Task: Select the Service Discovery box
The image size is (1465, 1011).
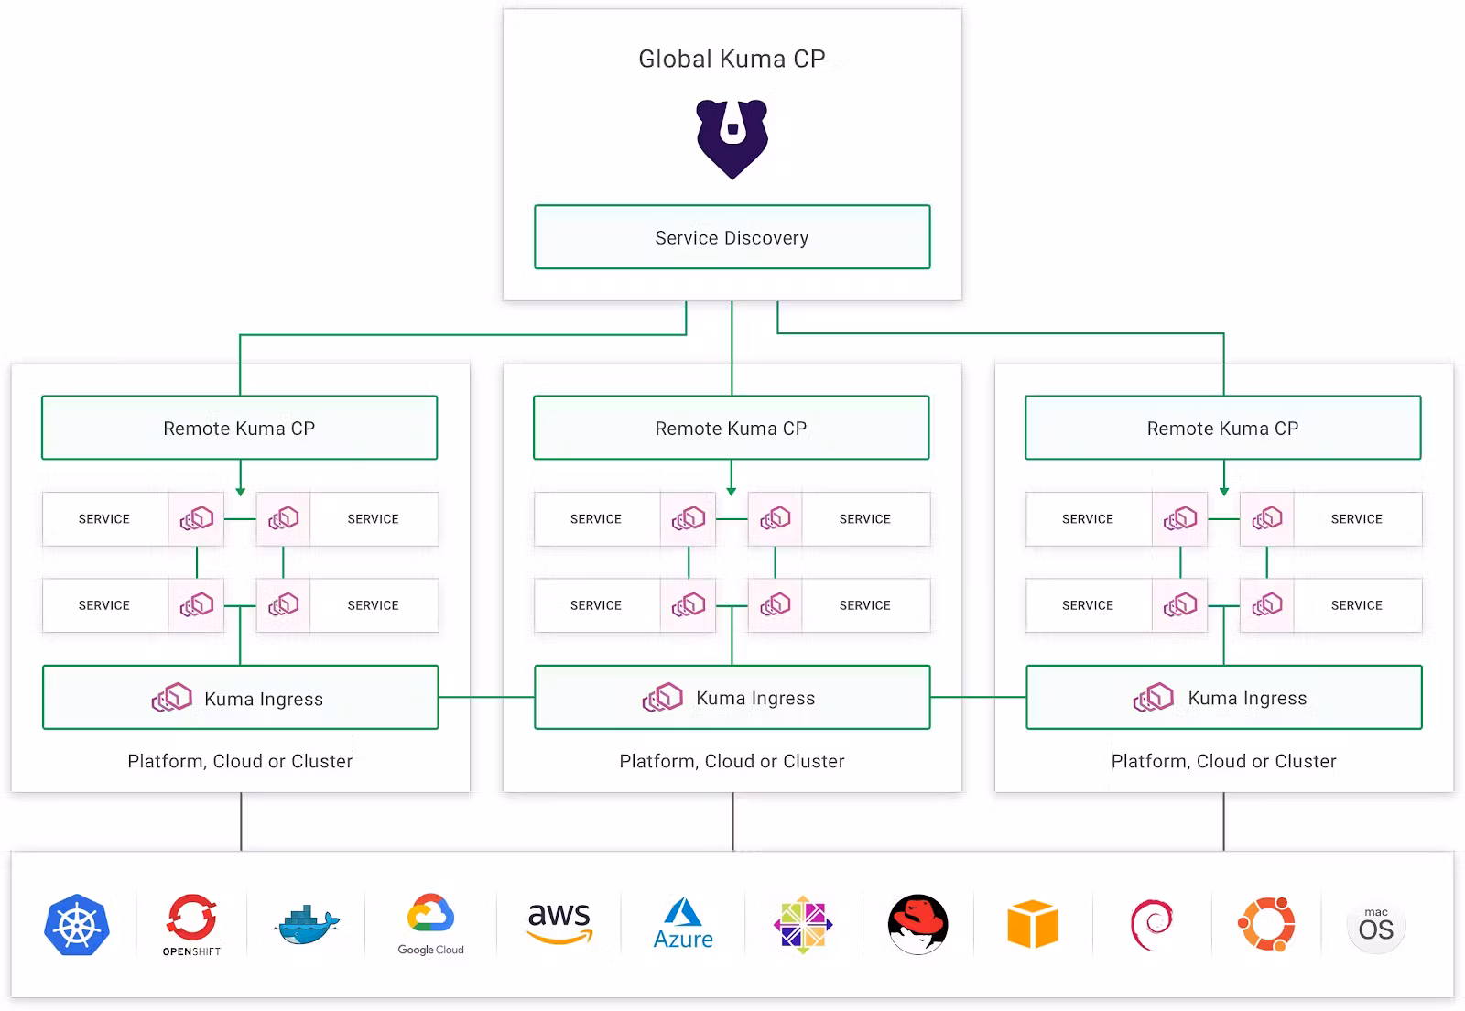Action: point(732,237)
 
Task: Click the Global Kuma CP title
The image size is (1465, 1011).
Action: point(732,60)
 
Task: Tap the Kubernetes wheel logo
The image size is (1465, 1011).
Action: point(77,925)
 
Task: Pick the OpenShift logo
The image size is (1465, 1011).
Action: point(191,923)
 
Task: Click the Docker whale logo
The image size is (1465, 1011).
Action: point(307,925)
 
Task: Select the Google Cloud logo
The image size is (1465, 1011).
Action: point(430,923)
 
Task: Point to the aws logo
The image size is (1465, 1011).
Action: point(559,921)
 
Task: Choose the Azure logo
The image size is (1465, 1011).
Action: point(683,923)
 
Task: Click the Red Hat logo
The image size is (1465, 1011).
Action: point(917,925)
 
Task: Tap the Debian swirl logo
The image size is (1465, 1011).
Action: point(1152,925)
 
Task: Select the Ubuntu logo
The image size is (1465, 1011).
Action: point(1266,925)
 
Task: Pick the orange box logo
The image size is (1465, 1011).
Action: point(1032,924)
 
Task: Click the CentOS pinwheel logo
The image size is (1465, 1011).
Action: point(803,925)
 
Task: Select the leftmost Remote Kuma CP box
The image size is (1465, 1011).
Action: point(239,428)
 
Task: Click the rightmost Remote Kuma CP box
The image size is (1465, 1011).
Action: point(1223,428)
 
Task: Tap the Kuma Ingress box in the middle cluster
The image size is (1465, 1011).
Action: point(732,698)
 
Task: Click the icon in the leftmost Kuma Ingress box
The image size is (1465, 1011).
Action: point(172,698)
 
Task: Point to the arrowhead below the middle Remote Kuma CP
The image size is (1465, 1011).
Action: point(732,492)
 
